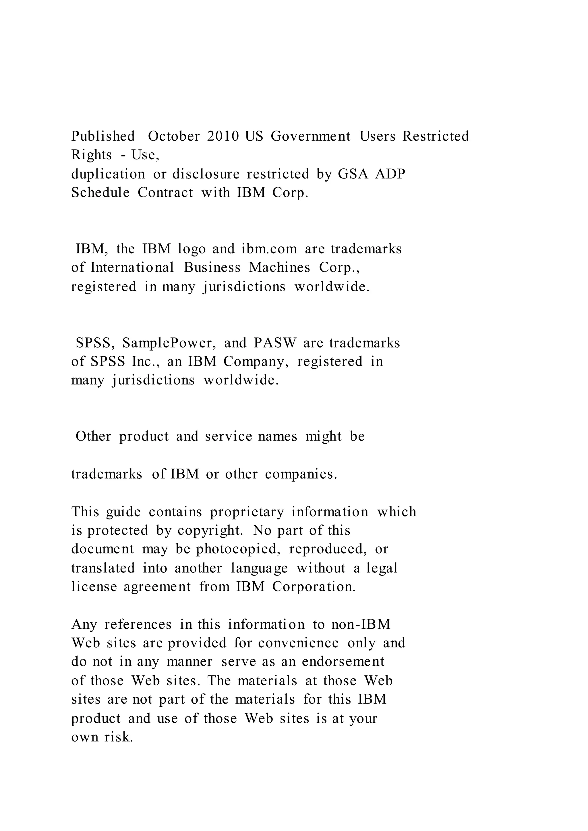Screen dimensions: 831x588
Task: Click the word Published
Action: [x=103, y=137]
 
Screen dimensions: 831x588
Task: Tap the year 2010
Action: [x=223, y=137]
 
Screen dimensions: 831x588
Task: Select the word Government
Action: [x=311, y=137]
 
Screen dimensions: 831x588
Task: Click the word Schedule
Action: [x=100, y=193]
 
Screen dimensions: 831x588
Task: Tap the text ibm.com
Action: [x=269, y=249]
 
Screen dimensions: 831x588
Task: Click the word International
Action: [x=132, y=268]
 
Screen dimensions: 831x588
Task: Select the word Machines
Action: [x=280, y=268]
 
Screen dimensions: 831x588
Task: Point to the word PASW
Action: [x=275, y=343]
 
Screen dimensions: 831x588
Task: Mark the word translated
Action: [x=103, y=568]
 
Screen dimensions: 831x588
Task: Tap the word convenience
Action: [x=298, y=643]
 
